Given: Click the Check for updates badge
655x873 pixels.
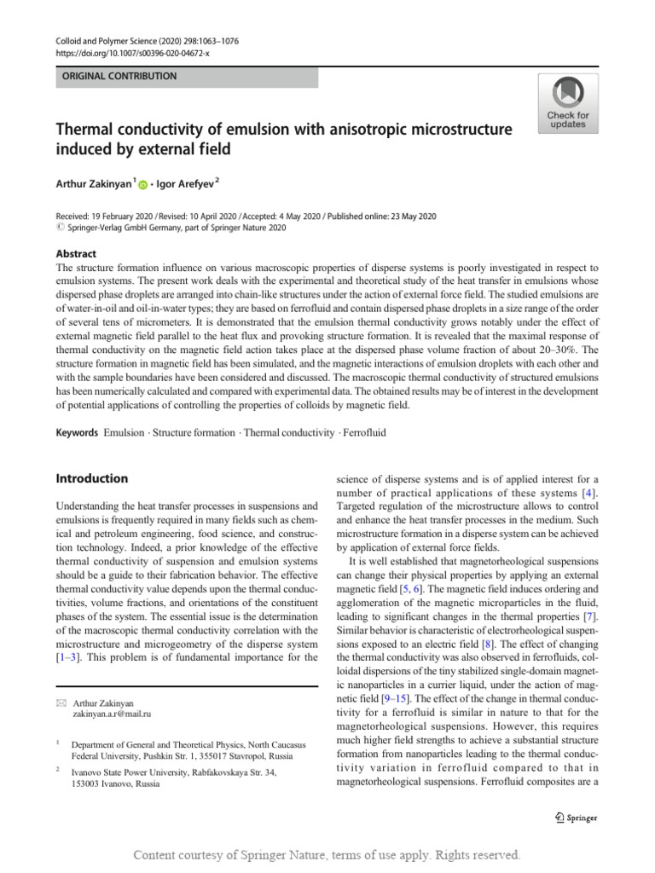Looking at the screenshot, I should click(x=567, y=103).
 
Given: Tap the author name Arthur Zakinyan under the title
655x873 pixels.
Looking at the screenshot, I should click(x=94, y=183).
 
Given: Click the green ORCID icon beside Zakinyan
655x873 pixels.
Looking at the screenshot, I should click(x=142, y=184).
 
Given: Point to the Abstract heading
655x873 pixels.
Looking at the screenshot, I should click(x=76, y=254).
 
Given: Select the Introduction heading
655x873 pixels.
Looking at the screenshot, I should click(x=92, y=479).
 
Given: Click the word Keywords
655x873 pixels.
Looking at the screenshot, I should click(x=77, y=433).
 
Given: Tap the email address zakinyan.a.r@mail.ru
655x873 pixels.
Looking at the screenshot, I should click(x=111, y=714).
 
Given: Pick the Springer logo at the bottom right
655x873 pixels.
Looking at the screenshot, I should click(x=576, y=818).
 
